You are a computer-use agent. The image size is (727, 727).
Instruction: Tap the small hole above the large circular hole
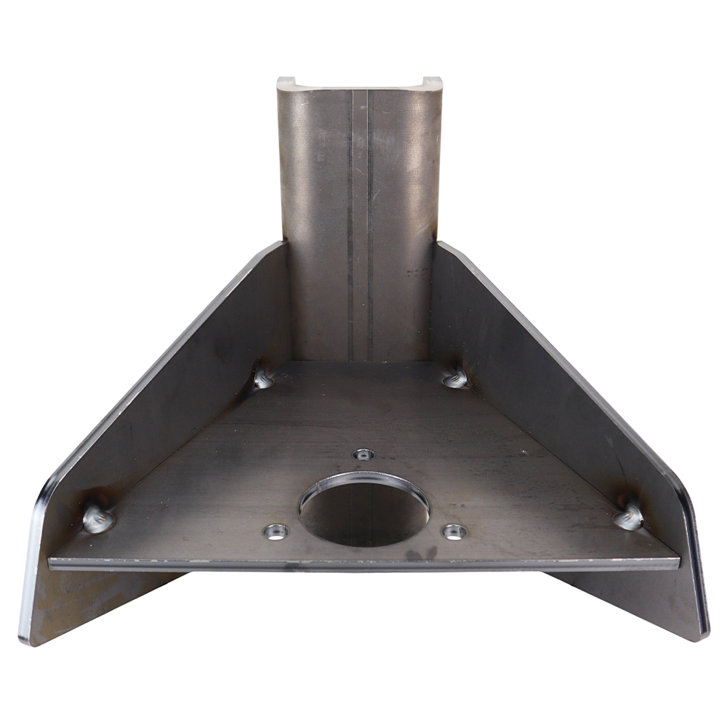coord(363,454)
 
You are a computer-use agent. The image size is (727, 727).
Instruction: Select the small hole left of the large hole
coord(276,531)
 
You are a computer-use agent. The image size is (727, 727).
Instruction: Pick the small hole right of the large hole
coord(454,531)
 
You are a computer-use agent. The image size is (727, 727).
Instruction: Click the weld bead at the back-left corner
coord(262,378)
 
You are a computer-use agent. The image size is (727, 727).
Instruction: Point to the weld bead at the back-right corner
coord(456,378)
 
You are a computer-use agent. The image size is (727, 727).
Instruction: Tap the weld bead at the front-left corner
coord(98,518)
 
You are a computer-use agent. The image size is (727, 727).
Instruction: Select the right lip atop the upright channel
coord(432,81)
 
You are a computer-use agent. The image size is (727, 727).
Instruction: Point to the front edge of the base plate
coord(363,563)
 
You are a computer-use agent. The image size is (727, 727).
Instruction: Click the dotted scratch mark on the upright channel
coord(417,273)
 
